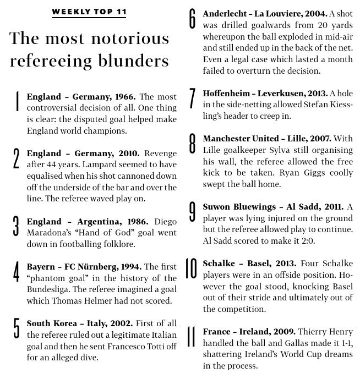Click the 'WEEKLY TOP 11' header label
point(89,12)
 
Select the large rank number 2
point(16,160)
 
